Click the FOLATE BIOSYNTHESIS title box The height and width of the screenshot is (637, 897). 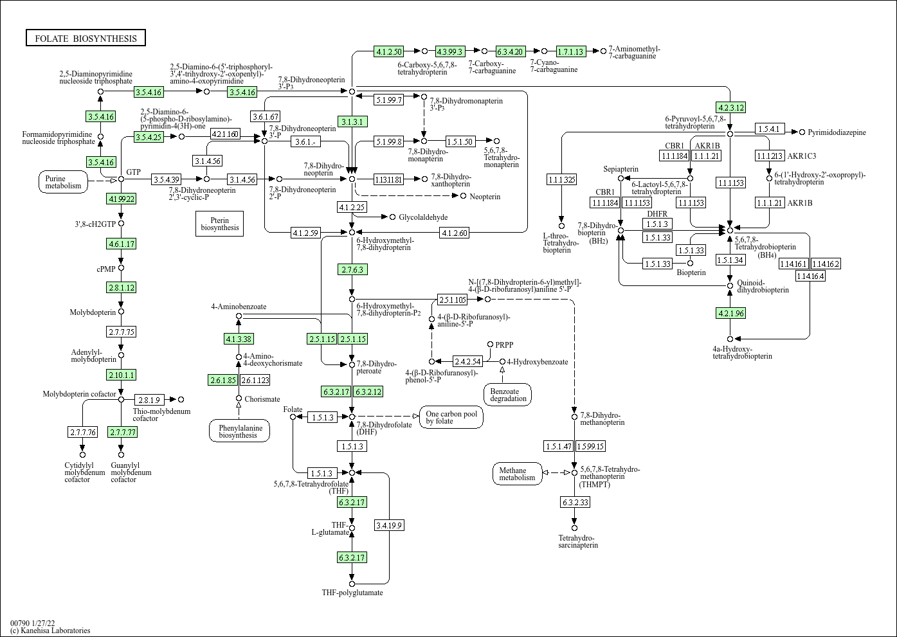coord(86,39)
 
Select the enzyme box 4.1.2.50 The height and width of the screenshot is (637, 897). coord(388,51)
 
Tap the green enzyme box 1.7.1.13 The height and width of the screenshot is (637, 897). coord(570,51)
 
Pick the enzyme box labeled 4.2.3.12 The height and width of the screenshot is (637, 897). coord(730,107)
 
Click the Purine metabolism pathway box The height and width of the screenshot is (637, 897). coord(64,182)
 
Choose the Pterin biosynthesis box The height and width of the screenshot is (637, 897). coord(219,223)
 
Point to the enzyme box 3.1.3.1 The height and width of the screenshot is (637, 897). coord(352,121)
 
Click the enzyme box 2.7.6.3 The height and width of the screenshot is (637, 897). coord(352,269)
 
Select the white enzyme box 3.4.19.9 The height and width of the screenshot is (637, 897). coord(389,525)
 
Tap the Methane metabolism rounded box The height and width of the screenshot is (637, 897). coord(517,474)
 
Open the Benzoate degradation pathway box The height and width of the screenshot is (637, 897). coord(508,394)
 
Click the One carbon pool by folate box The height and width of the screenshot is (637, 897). coord(451,417)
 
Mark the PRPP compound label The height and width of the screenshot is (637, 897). coord(503,345)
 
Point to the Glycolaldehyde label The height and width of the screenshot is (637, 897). coord(423,217)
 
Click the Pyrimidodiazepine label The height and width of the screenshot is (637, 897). coord(837,132)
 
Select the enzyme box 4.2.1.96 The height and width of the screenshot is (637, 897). coord(730,313)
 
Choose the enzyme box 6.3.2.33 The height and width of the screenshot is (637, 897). coord(575,502)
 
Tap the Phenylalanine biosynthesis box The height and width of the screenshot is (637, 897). coord(238,431)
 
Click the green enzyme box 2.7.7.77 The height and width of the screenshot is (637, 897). coord(123,432)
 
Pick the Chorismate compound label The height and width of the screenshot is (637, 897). coord(262,399)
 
